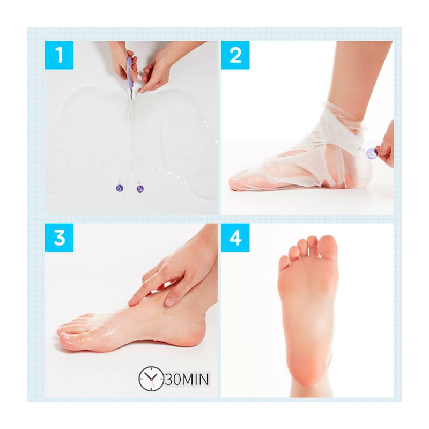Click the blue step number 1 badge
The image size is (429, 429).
[x=59, y=55]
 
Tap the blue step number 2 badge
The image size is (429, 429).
[x=235, y=55]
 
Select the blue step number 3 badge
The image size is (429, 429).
[x=59, y=238]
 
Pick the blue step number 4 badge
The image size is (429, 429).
[x=235, y=238]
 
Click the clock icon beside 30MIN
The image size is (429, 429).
[x=151, y=379]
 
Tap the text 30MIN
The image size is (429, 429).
[x=187, y=379]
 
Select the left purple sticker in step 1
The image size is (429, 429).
[x=120, y=188]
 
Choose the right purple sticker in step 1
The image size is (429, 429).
[x=140, y=189]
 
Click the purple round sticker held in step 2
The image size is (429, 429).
[x=372, y=153]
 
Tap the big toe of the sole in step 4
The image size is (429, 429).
[x=328, y=247]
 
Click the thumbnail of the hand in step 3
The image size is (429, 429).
[x=170, y=301]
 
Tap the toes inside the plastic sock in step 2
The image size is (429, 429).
[x=241, y=182]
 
